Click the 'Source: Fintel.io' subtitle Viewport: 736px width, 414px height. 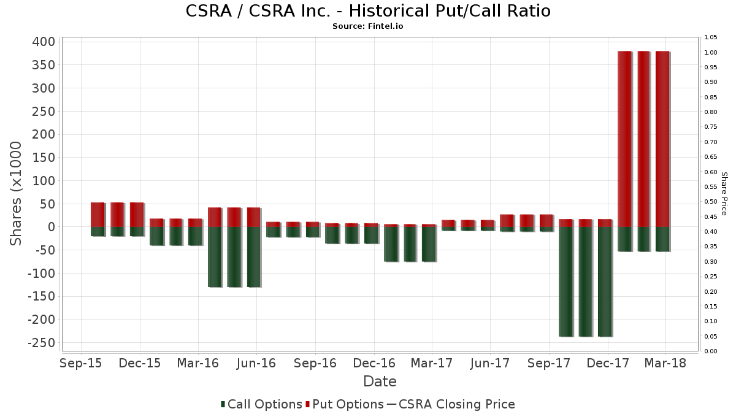coord(367,26)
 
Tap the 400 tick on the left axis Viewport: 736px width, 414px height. coord(44,42)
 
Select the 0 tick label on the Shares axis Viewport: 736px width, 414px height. coord(51,227)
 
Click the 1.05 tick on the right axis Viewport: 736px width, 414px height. coord(711,37)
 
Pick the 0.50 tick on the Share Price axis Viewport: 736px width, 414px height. coord(711,202)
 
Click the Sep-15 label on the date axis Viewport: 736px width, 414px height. coord(82,363)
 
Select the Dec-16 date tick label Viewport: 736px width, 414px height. coord(374,363)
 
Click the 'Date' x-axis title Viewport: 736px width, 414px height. coord(380,381)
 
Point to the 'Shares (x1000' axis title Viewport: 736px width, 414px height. coord(17,193)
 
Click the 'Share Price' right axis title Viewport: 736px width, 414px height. coord(724,193)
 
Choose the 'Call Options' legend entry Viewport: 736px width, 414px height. coord(261,404)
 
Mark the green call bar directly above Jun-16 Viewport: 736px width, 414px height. coord(253,257)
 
